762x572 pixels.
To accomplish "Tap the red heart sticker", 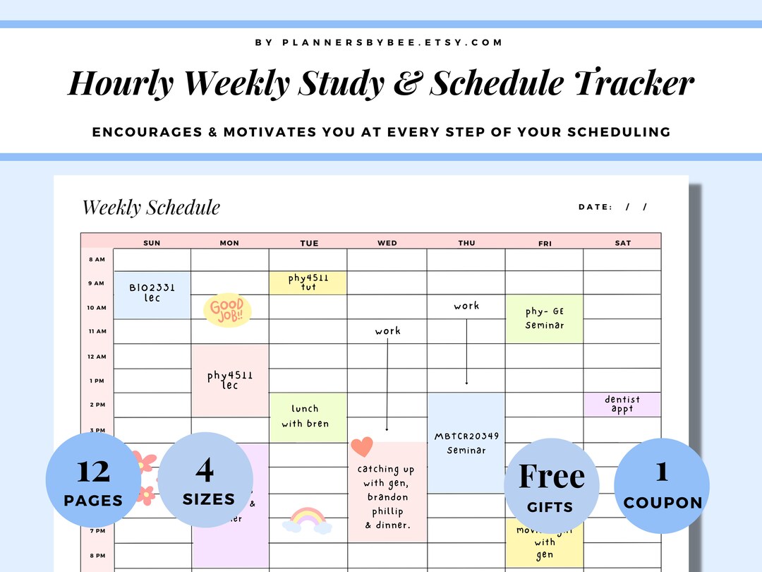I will point(361,447).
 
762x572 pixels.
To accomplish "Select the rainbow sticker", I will point(307,520).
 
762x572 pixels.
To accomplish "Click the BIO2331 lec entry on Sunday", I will point(152,293).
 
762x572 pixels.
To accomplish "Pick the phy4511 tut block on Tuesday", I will point(308,282).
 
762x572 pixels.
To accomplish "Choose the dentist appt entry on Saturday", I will point(622,405).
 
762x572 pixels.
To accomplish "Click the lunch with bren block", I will point(306,416).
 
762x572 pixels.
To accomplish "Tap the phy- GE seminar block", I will point(545,318).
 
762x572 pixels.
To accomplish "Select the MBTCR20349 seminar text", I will point(466,443).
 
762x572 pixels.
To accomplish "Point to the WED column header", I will point(387,243).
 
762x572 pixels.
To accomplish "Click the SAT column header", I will point(623,243).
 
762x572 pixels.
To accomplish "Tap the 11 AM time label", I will point(97,331).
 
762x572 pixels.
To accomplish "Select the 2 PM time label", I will point(97,405).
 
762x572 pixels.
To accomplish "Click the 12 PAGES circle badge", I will point(93,480).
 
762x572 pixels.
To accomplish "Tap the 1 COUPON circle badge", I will point(662,484).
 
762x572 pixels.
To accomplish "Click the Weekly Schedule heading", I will point(151,208).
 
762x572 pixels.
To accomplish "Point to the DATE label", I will point(595,207).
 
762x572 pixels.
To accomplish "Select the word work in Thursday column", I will point(466,306).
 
